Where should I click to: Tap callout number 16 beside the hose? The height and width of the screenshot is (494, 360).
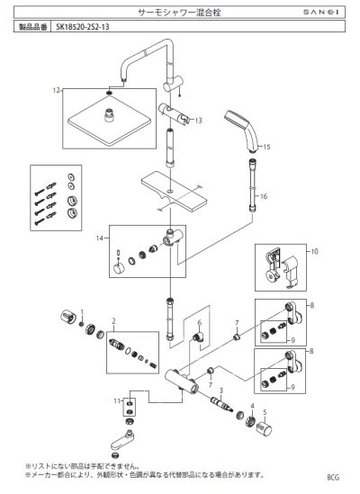point(264,195)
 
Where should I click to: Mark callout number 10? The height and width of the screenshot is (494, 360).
point(314,253)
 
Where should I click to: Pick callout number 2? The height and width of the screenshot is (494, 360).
point(113,319)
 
